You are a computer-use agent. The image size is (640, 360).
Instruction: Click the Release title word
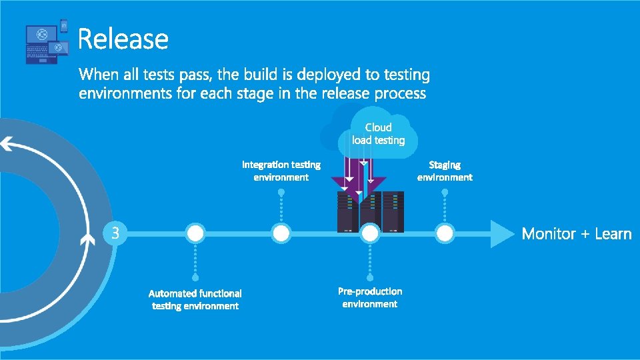click(x=123, y=39)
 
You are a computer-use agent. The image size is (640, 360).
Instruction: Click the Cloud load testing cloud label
click(x=378, y=133)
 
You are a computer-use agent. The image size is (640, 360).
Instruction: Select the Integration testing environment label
click(x=281, y=171)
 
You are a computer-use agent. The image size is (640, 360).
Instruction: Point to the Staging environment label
click(x=445, y=171)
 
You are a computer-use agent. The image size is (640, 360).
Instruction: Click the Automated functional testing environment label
click(x=195, y=299)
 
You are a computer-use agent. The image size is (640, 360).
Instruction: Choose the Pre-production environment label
click(x=370, y=297)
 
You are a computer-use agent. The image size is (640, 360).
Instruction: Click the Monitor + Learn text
click(x=577, y=233)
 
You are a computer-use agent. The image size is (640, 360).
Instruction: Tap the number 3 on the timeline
click(x=115, y=233)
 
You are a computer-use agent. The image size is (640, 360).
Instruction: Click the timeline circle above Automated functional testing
click(x=195, y=233)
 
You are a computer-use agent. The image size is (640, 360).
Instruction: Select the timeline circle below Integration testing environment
click(x=281, y=233)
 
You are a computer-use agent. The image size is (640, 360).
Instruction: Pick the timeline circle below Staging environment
click(x=445, y=233)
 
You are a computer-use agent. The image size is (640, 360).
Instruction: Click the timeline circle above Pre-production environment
click(x=370, y=233)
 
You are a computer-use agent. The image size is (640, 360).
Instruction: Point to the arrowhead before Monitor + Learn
click(x=502, y=233)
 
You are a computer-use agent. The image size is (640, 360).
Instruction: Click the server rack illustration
click(x=370, y=210)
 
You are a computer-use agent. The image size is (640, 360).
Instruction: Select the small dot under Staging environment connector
click(x=445, y=192)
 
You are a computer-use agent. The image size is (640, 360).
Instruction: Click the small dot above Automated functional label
click(x=195, y=277)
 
